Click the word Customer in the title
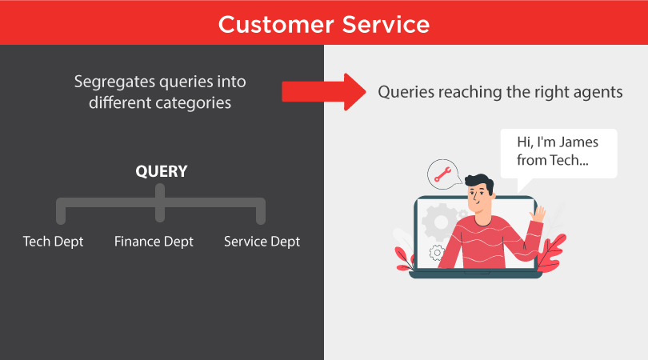point(276,25)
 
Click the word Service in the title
point(386,25)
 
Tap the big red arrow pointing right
point(324,92)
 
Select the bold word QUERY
point(162,171)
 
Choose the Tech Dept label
point(53,242)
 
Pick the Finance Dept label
point(154,242)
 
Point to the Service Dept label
point(262,242)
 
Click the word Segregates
point(114,82)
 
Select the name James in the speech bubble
point(579,142)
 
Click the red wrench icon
point(442,174)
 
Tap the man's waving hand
point(538,215)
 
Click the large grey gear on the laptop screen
point(441,222)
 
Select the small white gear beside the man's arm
point(437,253)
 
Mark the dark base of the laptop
point(475,274)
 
